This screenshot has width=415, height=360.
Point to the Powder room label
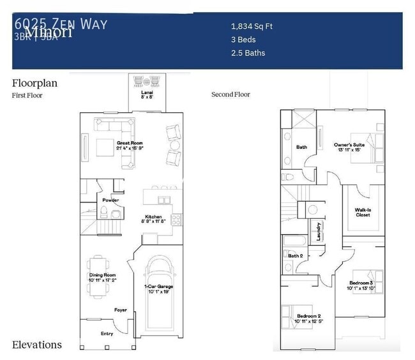(110, 200)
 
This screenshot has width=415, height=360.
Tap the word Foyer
(121, 310)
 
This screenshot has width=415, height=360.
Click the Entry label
(107, 334)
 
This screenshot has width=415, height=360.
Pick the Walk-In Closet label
(363, 212)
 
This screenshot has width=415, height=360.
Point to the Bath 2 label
(294, 256)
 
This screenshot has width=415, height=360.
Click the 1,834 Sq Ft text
(252, 27)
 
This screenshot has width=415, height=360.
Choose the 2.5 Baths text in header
(248, 53)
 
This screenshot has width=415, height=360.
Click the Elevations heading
(37, 345)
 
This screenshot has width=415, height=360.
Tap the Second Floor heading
(230, 94)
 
